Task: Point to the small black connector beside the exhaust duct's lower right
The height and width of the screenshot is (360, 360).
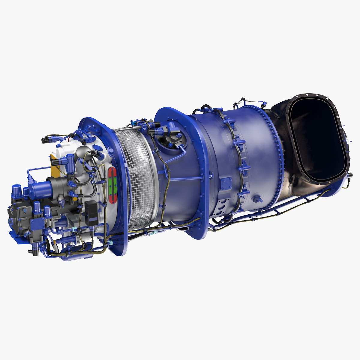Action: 350,175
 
